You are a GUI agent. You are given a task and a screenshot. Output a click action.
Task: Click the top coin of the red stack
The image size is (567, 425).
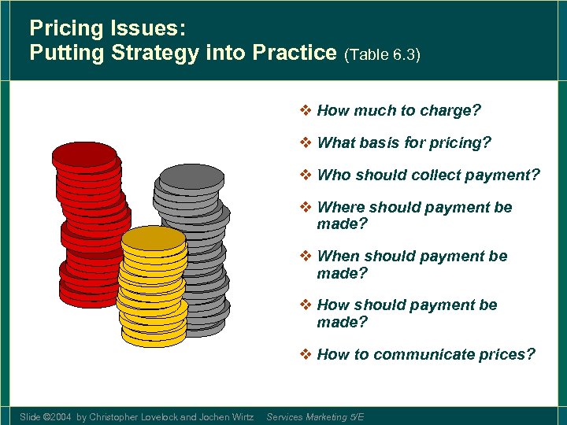coord(84,155)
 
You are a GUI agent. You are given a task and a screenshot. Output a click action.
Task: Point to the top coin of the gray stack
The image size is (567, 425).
coord(191,176)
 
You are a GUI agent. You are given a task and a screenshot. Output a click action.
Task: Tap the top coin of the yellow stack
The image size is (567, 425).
coord(154,238)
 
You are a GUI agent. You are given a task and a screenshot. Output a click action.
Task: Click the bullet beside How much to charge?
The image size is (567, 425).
coord(306,110)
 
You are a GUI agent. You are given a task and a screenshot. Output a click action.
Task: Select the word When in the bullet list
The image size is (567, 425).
coord(337,256)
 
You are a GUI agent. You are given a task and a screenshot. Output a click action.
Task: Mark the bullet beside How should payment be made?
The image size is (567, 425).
coord(306,305)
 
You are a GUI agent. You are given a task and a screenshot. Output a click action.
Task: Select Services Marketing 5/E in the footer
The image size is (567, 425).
coord(315,416)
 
